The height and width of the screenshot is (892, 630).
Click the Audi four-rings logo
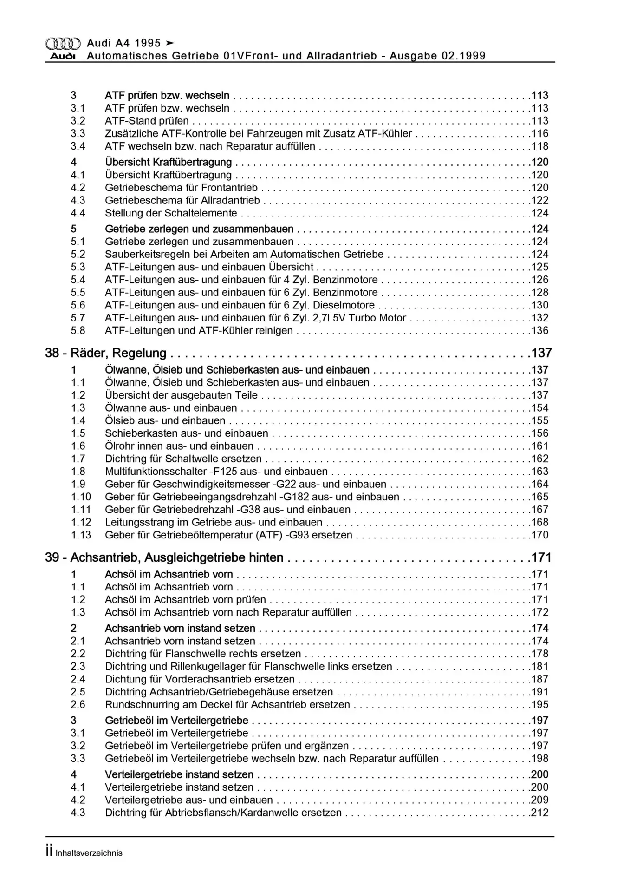pos(63,43)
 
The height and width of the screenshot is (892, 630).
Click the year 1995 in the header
pos(148,43)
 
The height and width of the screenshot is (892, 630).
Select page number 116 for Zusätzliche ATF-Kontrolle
pos(540,134)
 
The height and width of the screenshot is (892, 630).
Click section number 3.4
pos(78,146)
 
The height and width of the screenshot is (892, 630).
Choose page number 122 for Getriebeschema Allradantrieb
pos(540,201)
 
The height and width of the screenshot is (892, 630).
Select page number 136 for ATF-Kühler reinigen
pos(540,331)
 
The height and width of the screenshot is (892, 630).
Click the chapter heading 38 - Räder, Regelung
pos(106,353)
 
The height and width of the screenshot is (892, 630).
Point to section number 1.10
pos(81,497)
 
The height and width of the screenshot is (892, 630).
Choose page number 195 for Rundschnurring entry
pos(540,705)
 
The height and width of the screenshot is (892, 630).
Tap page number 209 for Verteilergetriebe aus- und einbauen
pos(540,800)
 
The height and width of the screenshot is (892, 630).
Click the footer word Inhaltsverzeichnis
pos(89,853)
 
